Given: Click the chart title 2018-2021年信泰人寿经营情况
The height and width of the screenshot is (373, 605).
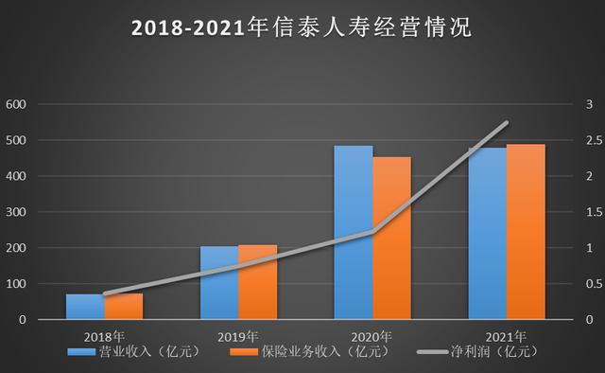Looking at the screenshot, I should [302, 27].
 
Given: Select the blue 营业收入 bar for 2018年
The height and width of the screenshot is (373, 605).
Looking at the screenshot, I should [85, 307].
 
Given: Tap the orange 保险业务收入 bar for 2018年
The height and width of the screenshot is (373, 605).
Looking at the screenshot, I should [124, 307].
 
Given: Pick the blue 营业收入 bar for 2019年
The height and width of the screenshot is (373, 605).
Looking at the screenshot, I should [218, 283].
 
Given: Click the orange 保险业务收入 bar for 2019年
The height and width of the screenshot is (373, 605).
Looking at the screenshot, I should [258, 282].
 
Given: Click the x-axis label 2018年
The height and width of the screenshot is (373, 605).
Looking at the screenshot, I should [104, 336].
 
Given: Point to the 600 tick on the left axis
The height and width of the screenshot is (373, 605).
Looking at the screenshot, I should [16, 104].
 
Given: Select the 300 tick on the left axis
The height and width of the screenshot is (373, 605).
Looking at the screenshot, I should [16, 212].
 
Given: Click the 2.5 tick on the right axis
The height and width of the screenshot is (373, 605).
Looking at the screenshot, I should [593, 140].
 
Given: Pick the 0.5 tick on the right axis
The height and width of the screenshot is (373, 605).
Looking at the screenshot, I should [593, 284].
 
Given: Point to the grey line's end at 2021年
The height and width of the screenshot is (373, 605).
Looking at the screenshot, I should [508, 122].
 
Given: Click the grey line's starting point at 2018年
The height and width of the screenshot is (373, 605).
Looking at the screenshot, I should [104, 294].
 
